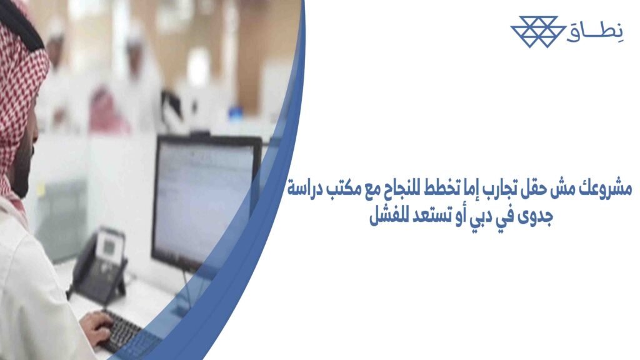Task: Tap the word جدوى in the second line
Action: tap(534, 219)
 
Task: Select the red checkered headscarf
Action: tap(19, 94)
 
